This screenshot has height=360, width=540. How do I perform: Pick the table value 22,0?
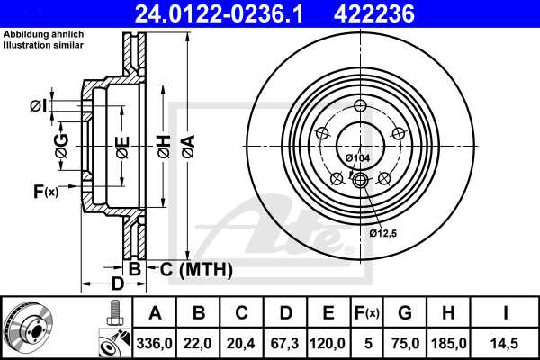tap(199, 342)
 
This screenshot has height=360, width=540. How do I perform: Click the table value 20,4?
tap(242, 342)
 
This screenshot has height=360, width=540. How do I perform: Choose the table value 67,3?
tap(285, 342)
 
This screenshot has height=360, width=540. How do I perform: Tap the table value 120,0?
tap(328, 342)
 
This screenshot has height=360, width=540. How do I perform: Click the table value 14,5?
tap(507, 342)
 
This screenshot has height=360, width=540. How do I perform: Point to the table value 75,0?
tap(404, 342)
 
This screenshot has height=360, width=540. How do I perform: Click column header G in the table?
tap(404, 313)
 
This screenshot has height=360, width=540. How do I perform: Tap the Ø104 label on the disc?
tap(358, 158)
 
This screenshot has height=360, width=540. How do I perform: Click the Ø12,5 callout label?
tap(383, 234)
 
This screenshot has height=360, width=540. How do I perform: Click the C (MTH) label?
tap(196, 269)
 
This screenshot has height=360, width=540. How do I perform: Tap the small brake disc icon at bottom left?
tap(29, 327)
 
